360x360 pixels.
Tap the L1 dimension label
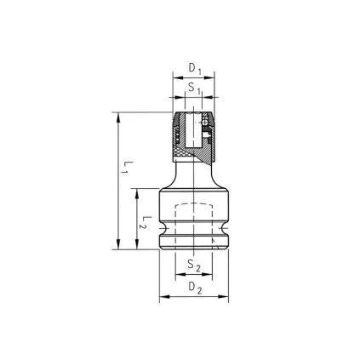(x=124, y=167)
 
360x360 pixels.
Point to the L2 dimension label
(x=146, y=222)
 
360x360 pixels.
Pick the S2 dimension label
(x=194, y=266)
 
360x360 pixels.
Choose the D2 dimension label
(x=194, y=288)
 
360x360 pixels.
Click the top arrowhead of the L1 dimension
(x=117, y=116)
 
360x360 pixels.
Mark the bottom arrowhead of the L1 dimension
(x=117, y=246)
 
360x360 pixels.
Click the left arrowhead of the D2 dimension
(x=163, y=297)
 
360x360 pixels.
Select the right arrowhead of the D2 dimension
(x=226, y=297)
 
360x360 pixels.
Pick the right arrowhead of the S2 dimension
(x=210, y=276)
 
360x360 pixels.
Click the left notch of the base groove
(x=161, y=231)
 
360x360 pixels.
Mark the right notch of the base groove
(x=228, y=231)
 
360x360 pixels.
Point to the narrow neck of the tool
(x=194, y=173)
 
